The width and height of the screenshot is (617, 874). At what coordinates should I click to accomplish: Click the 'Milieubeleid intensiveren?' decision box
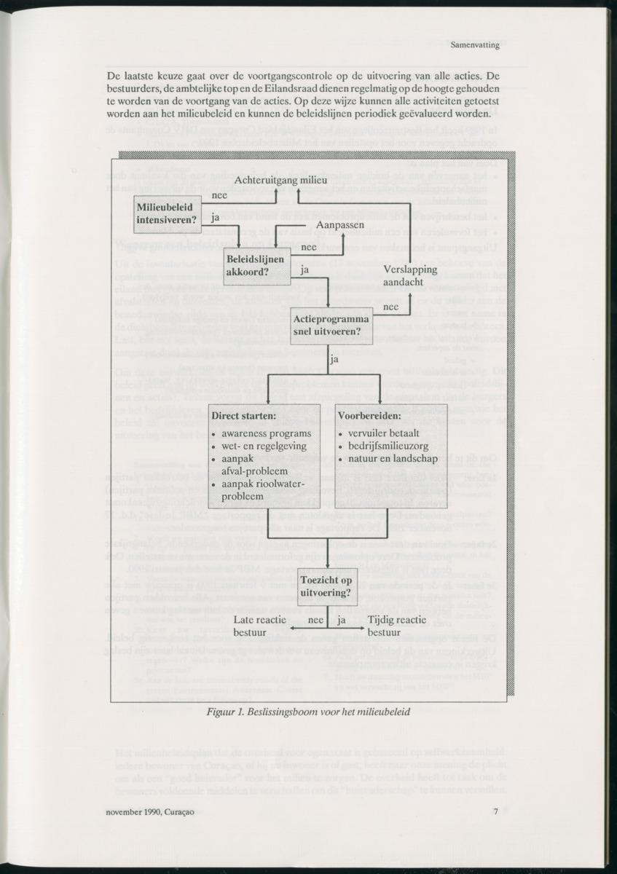point(168,213)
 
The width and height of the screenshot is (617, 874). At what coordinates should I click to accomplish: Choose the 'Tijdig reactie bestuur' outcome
point(397,626)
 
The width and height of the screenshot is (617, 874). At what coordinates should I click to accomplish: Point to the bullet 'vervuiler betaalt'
point(385,433)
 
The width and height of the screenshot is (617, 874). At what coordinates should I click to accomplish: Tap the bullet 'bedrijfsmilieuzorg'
point(390,446)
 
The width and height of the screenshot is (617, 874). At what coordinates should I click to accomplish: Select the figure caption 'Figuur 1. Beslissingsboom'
point(308,712)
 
